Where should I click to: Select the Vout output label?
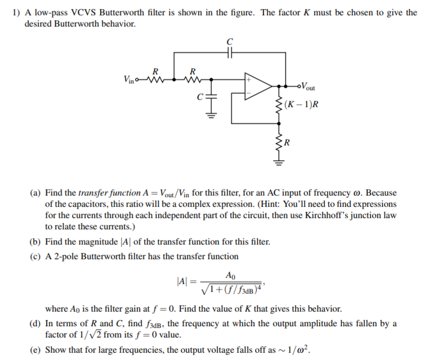(307, 87)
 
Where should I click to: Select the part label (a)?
(34, 193)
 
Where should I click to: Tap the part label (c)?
(34, 256)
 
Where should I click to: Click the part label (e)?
(34, 349)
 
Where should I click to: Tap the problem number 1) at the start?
(16, 12)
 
